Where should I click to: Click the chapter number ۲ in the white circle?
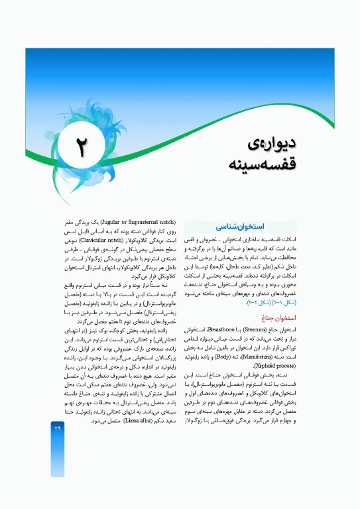(81, 148)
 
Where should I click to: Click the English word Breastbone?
(216, 329)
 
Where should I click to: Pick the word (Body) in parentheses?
(228, 356)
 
